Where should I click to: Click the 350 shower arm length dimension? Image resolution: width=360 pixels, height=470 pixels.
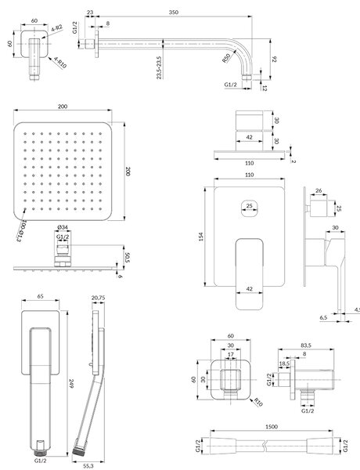pos(174,13)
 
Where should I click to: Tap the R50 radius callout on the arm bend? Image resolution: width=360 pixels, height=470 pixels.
pos(226,57)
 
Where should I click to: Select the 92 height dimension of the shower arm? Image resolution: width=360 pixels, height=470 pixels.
pos(274,59)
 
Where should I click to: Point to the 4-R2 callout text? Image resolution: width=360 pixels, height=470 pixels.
pos(56,28)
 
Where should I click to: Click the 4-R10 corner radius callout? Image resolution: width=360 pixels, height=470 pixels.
pos(60,63)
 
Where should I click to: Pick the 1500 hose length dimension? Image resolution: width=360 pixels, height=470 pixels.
pos(272,427)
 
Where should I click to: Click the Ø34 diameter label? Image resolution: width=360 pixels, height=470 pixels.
pos(62,228)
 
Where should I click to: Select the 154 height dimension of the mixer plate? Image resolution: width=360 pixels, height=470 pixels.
pos(201,237)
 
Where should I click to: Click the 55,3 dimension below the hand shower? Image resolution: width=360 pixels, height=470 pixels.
pos(88,466)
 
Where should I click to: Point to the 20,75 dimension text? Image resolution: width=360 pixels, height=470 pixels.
pos(99,298)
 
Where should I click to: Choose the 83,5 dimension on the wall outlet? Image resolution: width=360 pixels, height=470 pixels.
pos(306,345)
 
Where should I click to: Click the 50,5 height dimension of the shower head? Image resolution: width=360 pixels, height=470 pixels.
pos(127,257)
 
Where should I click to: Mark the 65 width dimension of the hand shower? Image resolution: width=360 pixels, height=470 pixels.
pos(41,296)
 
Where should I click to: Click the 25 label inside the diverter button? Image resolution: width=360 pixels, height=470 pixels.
pos(249,205)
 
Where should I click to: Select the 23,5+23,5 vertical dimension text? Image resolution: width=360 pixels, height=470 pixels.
pos(159,68)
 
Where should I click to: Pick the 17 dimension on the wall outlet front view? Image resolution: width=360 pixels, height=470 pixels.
pos(231,354)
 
